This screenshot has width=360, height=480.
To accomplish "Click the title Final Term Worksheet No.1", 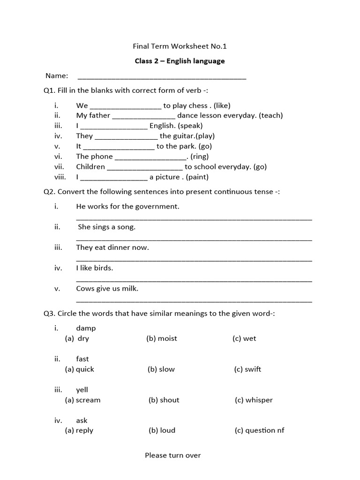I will pyautogui.click(x=180, y=46).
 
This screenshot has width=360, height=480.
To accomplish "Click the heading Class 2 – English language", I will pyautogui.click(x=180, y=61).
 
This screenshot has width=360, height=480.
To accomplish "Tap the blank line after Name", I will pyautogui.click(x=161, y=77).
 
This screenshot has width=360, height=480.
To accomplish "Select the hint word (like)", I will pyautogui.click(x=222, y=105).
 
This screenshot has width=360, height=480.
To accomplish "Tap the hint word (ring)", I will pyautogui.click(x=199, y=157).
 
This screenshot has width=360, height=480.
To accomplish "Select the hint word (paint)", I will pyautogui.click(x=197, y=177).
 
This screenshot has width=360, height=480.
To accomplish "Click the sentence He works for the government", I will pyautogui.click(x=127, y=207).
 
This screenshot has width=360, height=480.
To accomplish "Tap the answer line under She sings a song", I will pyautogui.click(x=194, y=240).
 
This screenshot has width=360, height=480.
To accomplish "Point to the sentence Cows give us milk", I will pyautogui.click(x=107, y=289).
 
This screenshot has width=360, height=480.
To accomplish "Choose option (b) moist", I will pyautogui.click(x=162, y=338).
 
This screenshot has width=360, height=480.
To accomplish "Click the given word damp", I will pyautogui.click(x=86, y=328).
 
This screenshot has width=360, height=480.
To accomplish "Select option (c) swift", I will pyautogui.click(x=247, y=369).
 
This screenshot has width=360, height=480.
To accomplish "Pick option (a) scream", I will pyautogui.click(x=83, y=400).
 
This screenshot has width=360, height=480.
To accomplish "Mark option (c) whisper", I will pyautogui.click(x=254, y=400).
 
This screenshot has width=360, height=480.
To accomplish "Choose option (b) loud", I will pyautogui.click(x=162, y=431).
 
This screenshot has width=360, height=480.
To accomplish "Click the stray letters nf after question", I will pyautogui.click(x=280, y=431).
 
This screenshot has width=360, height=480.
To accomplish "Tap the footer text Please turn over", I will pyautogui.click(x=172, y=455).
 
